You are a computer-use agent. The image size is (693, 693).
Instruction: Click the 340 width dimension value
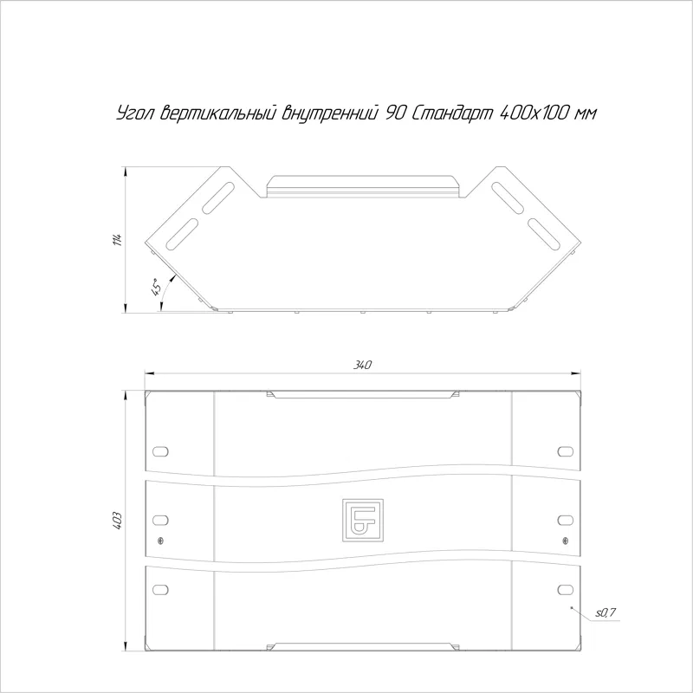tap(362, 365)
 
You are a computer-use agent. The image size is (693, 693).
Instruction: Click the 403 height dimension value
tap(117, 521)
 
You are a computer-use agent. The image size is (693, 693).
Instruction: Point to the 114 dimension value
tap(117, 239)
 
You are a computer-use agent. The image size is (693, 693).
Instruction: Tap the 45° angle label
tap(156, 288)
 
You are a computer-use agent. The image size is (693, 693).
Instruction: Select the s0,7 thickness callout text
tap(606, 612)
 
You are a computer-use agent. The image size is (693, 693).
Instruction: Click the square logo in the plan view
tap(362, 521)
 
